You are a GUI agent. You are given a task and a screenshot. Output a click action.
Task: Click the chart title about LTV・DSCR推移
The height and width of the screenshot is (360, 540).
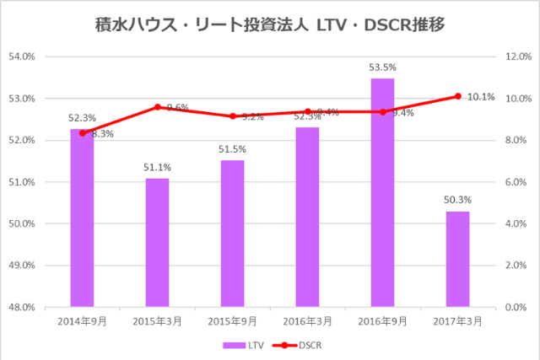pyautogui.click(x=270, y=26)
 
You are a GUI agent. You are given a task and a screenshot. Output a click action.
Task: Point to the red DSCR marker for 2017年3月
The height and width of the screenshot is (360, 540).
pyautogui.click(x=457, y=96)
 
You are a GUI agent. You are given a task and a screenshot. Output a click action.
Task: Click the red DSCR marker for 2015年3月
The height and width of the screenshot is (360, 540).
pyautogui.click(x=157, y=107)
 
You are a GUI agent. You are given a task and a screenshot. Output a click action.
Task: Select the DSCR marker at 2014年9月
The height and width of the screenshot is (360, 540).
pyautogui.click(x=82, y=133)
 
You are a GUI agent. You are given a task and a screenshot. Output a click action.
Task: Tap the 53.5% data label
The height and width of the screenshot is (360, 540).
pyautogui.click(x=382, y=67)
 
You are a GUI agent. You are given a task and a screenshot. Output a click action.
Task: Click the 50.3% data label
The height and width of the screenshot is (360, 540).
pyautogui.click(x=457, y=200)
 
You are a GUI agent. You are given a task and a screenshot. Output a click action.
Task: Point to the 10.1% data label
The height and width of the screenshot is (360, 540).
pyautogui.click(x=481, y=97)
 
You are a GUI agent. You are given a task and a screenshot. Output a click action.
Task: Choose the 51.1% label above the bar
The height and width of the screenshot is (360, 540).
pyautogui.click(x=157, y=167)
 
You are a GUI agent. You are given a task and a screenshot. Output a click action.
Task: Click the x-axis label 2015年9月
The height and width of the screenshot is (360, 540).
pyautogui.click(x=232, y=322)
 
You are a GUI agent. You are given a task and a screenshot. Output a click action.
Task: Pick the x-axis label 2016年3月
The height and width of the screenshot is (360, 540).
pyautogui.click(x=307, y=322)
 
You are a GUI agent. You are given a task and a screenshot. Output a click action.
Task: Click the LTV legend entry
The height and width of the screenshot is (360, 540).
pyautogui.click(x=246, y=345)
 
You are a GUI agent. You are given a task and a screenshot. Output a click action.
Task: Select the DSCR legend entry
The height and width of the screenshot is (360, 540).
pyautogui.click(x=299, y=345)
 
